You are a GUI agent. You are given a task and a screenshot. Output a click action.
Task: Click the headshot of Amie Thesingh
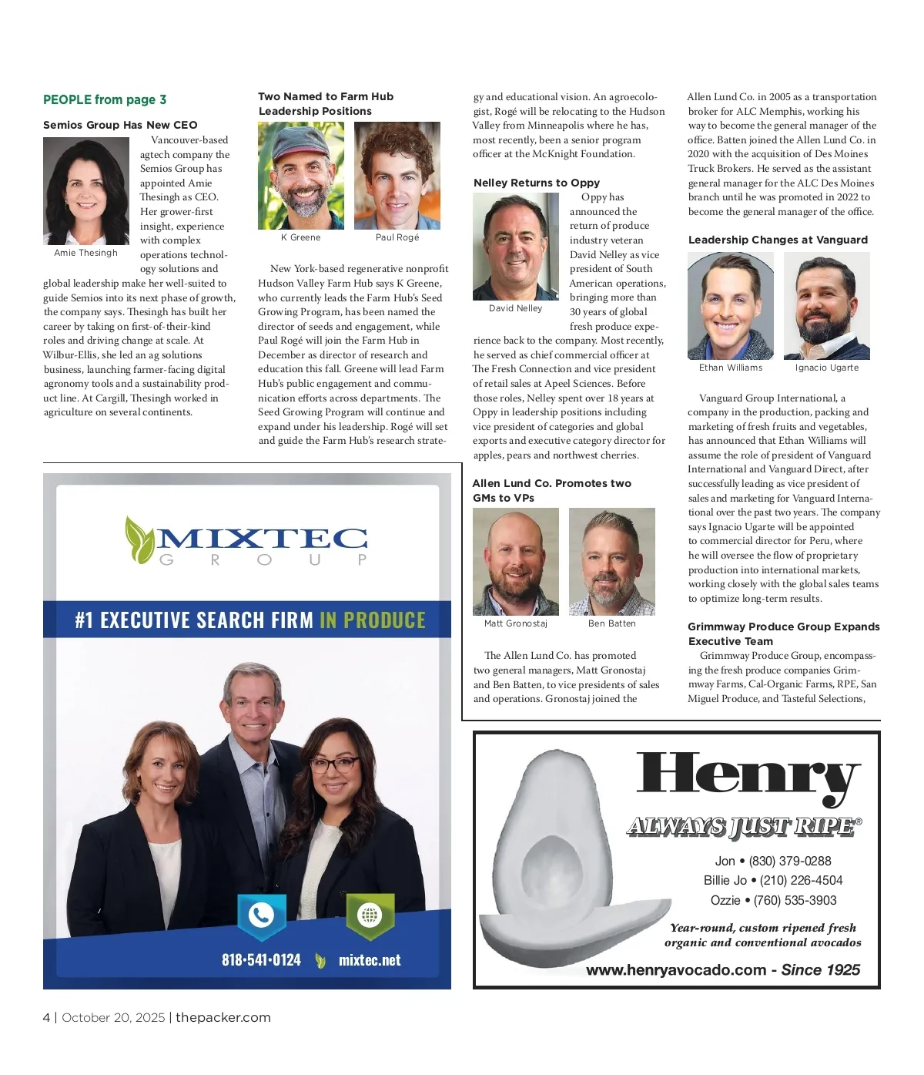85,191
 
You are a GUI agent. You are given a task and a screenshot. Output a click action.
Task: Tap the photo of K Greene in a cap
300,176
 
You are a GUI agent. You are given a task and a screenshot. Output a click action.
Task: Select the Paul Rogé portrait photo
397,176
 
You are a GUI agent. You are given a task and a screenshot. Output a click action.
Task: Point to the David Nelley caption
515,308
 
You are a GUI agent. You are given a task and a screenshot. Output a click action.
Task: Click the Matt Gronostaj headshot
515,561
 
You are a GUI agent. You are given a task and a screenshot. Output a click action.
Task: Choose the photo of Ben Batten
611,561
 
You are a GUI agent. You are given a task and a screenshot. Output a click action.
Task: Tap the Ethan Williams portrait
730,306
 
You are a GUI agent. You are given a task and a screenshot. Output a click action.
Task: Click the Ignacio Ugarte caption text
826,368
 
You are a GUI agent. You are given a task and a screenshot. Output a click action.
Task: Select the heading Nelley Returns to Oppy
536,183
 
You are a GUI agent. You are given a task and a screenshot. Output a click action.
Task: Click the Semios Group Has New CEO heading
120,125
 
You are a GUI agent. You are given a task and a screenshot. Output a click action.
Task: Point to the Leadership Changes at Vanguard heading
778,240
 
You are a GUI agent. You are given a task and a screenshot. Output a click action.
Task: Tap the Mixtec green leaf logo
140,539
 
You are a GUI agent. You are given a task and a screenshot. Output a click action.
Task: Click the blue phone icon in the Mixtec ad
261,915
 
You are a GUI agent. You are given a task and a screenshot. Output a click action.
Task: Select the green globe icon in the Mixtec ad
370,915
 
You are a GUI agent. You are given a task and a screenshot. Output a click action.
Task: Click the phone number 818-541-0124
261,960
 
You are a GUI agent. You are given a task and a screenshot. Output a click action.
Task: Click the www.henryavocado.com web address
675,970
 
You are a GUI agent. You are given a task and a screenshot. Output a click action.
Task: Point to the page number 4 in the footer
46,1017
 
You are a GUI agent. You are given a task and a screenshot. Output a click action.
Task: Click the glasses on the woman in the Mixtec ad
333,764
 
